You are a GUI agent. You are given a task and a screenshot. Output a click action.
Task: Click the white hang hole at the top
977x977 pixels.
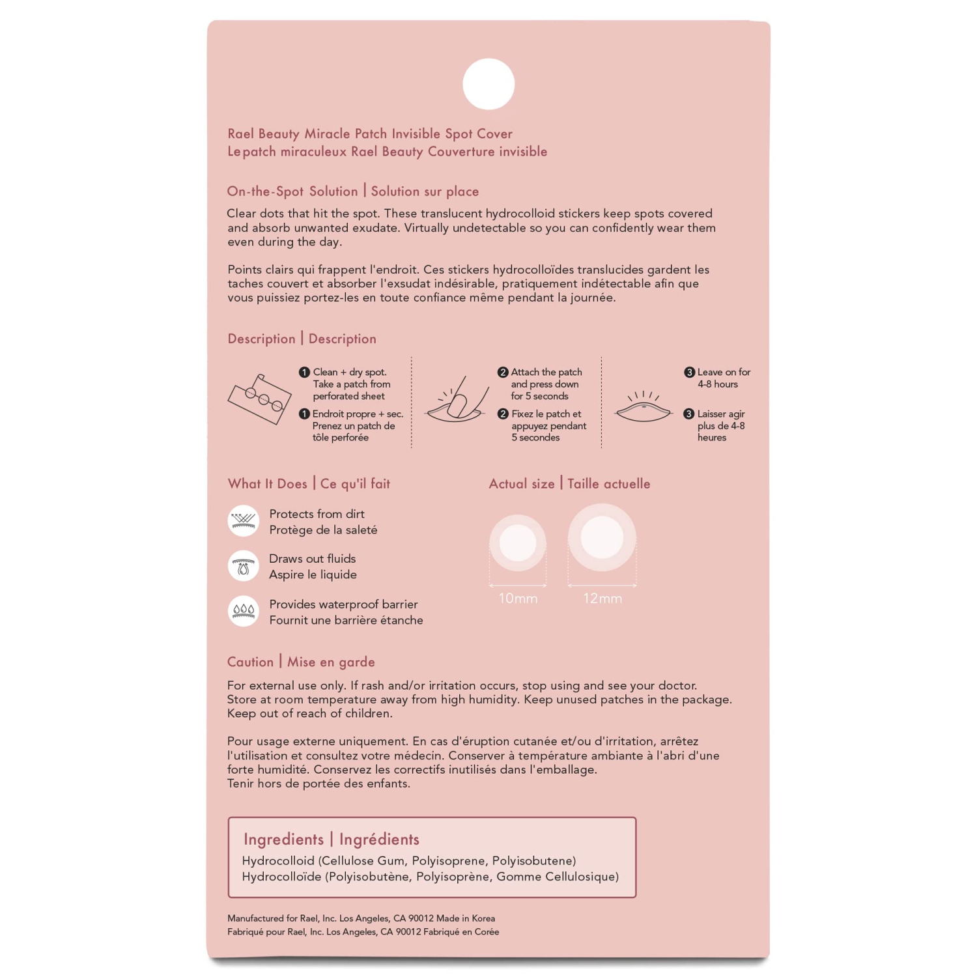pos(488,84)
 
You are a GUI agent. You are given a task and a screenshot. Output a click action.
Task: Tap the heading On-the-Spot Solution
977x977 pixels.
pos(292,191)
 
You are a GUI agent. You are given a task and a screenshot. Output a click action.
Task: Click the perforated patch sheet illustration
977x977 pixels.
pos(259,399)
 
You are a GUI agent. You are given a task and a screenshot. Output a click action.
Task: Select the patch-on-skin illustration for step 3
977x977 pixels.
pos(644,408)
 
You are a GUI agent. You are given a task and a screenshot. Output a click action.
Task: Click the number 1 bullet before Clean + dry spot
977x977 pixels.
pos(304,373)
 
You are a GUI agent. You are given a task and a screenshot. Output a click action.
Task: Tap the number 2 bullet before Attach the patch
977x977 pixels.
pos(502,373)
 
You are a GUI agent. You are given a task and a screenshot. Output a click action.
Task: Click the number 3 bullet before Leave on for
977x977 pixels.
pos(689,373)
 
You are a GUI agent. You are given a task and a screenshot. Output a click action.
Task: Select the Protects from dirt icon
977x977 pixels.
pos(244,521)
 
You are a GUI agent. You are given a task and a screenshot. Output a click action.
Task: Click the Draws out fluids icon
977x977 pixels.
pos(244,566)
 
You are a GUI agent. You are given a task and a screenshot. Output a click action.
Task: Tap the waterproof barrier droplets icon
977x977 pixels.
pos(244,611)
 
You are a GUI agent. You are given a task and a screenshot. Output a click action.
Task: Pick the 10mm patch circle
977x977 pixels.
pos(518,543)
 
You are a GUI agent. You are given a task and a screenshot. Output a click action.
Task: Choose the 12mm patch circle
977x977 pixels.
pos(602,537)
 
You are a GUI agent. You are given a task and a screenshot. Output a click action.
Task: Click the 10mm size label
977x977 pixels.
pos(518,599)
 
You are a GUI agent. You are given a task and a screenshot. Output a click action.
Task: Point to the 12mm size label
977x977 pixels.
pos(602,599)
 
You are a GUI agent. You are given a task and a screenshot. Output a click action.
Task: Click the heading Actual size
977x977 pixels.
pos(522,484)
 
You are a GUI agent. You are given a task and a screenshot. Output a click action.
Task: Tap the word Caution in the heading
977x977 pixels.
pos(250,662)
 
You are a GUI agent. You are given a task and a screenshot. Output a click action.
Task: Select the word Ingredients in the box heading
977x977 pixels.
pos(283,840)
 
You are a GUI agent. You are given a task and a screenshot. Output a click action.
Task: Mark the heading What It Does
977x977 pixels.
pos(267,484)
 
